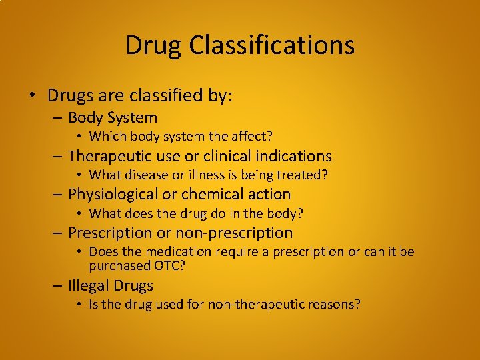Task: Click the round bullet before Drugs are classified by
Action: click(x=32, y=95)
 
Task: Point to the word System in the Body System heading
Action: click(x=131, y=118)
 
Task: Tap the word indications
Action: click(x=295, y=156)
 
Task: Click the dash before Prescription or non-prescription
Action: click(x=59, y=233)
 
